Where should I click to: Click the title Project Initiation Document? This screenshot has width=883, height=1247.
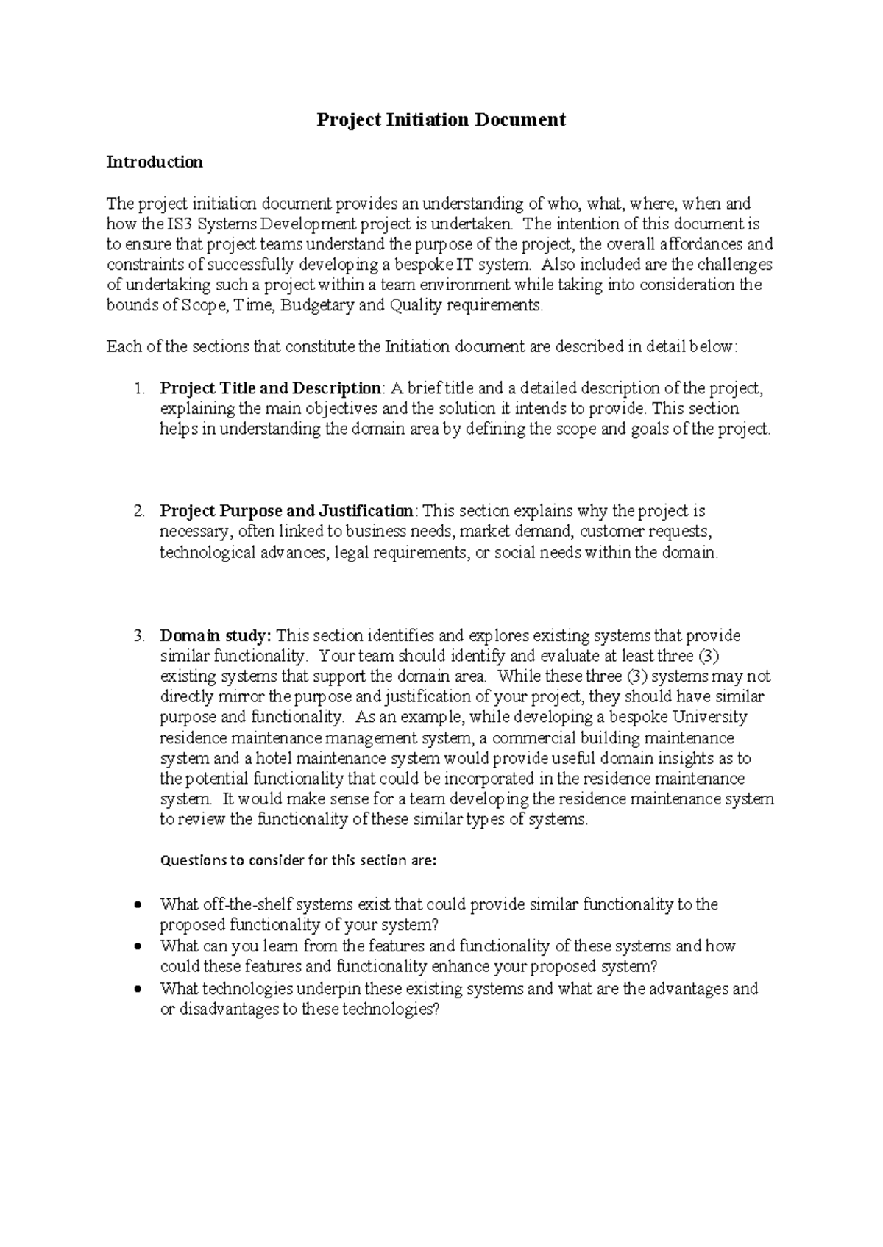(x=441, y=120)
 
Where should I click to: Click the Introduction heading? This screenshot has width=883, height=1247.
(x=155, y=162)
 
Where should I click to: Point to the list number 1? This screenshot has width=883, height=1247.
(x=139, y=388)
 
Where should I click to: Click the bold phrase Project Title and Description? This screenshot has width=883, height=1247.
(x=270, y=388)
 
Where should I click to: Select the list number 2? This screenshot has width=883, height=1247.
(x=139, y=511)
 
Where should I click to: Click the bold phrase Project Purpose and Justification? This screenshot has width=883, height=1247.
(x=287, y=511)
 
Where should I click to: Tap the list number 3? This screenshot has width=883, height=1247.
(x=139, y=635)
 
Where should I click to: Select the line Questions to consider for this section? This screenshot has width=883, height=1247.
(x=298, y=860)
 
